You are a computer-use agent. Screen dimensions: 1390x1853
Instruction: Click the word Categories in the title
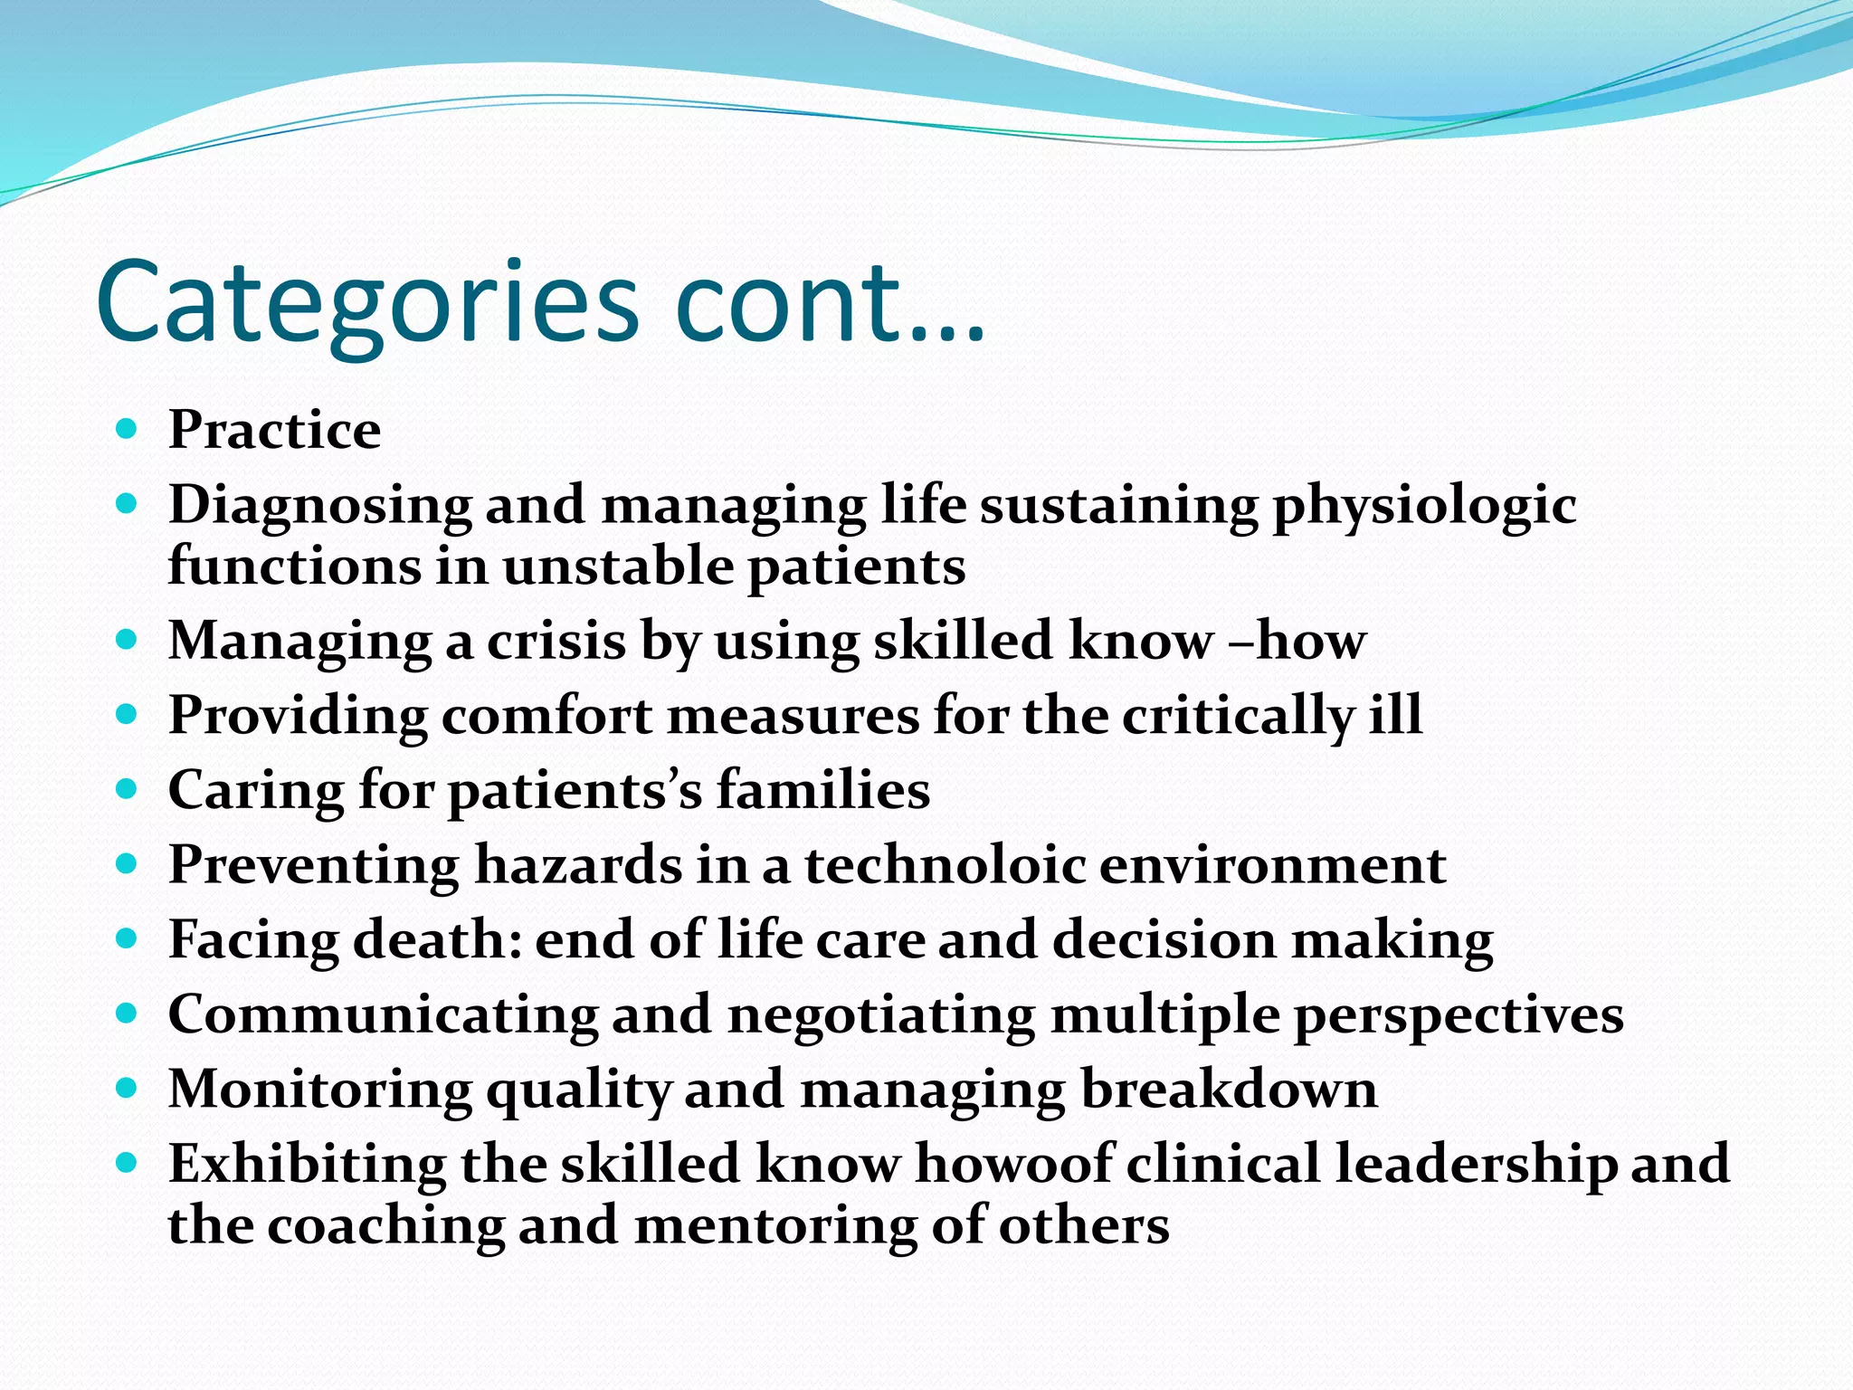click(x=366, y=303)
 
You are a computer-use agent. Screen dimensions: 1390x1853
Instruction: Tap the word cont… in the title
click(x=828, y=303)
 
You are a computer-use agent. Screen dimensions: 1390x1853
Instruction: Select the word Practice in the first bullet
click(x=274, y=430)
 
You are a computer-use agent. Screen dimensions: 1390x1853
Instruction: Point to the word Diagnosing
click(x=319, y=505)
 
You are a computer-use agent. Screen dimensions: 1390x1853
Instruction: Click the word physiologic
click(x=1424, y=505)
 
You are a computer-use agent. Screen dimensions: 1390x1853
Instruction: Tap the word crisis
click(x=556, y=641)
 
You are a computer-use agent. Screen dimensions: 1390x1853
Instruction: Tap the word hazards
click(x=578, y=865)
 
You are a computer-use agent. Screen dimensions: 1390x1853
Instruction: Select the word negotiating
click(x=881, y=1014)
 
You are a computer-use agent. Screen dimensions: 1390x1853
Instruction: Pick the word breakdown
click(x=1229, y=1089)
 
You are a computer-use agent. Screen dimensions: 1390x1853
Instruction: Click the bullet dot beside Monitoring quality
click(x=127, y=1087)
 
